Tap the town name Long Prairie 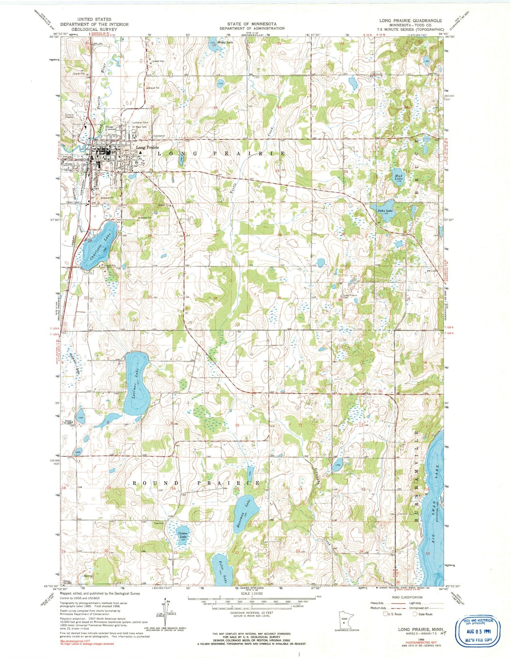pos(147,147)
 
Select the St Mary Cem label pos(139,127)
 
